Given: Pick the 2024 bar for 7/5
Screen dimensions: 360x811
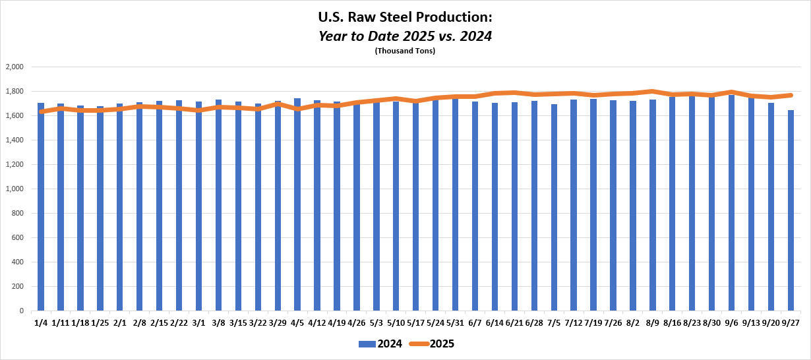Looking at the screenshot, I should (555, 211).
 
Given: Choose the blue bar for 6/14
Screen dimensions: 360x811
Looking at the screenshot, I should (495, 211).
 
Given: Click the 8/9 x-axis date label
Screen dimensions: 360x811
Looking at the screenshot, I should (653, 322).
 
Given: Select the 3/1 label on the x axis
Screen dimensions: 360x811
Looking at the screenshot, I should (198, 322).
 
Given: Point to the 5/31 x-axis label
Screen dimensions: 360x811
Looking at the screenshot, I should (455, 322).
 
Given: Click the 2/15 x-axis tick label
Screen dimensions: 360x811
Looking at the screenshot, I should (160, 322).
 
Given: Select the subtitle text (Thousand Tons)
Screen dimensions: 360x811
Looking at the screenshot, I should (405, 51).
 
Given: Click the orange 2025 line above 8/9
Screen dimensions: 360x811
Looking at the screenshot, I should (653, 92).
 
